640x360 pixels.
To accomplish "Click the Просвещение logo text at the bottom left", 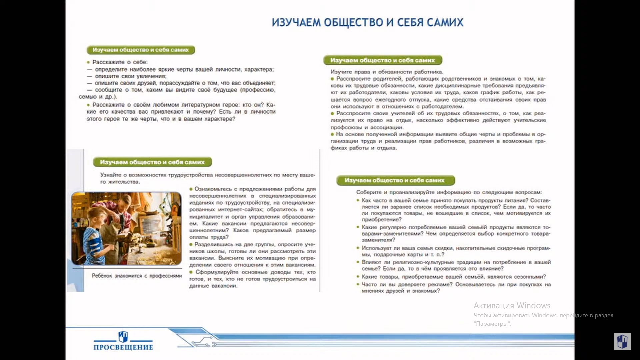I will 123,347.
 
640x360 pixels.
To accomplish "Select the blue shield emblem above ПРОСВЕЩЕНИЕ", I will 123,336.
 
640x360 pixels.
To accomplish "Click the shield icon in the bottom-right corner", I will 622,342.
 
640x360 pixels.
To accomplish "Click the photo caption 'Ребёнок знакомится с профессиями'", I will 137,276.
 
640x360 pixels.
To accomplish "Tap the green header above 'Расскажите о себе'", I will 141,50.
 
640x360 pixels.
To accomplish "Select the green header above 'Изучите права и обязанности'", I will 382,60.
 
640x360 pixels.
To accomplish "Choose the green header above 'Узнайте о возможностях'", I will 152,162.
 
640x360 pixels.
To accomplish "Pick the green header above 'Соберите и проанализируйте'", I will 395,180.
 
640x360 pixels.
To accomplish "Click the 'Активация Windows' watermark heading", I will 512,305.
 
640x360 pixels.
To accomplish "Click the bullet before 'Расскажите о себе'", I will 88,62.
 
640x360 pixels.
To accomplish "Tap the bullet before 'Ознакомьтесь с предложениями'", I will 191,189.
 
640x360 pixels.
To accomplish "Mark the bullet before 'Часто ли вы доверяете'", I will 358,284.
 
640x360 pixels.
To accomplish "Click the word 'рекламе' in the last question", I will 442,284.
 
